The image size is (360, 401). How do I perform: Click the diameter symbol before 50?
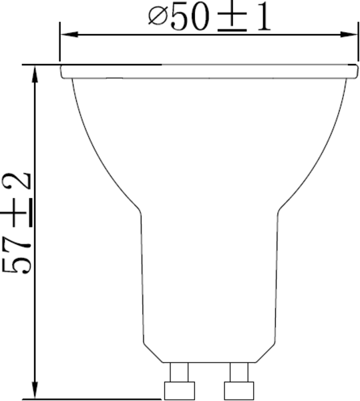pyautogui.click(x=157, y=17)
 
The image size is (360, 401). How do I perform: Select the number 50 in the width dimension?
pyautogui.click(x=189, y=18)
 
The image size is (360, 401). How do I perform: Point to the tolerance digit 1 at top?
pyautogui.click(x=262, y=18)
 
